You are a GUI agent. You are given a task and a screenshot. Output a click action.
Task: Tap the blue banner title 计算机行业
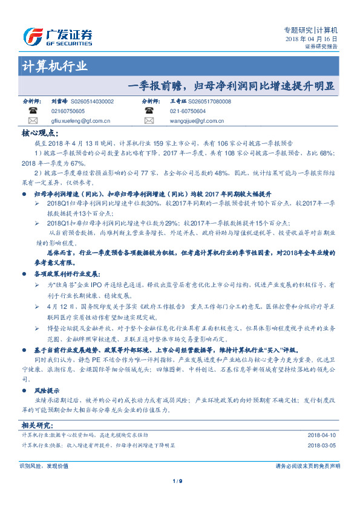point(54,66)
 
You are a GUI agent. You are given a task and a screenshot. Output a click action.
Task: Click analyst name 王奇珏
point(178,102)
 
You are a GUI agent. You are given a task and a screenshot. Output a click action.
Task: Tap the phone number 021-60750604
point(188,111)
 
